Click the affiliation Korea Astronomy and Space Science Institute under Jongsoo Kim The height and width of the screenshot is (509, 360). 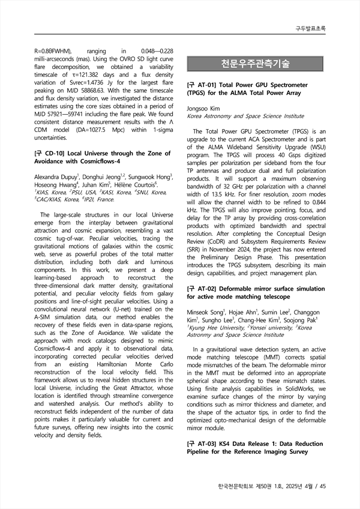245,116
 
